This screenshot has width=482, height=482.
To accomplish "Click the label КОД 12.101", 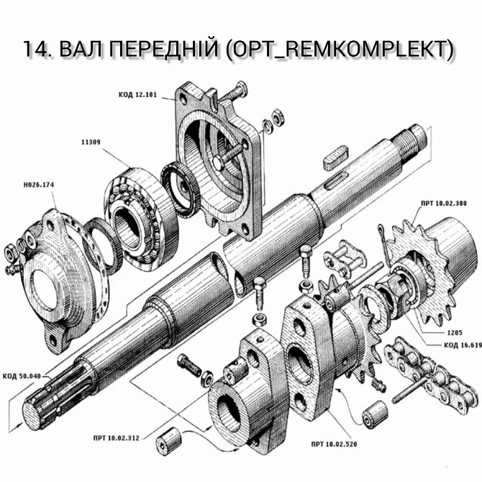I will point(138,94).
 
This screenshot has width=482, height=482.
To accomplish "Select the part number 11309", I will point(91,143).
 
